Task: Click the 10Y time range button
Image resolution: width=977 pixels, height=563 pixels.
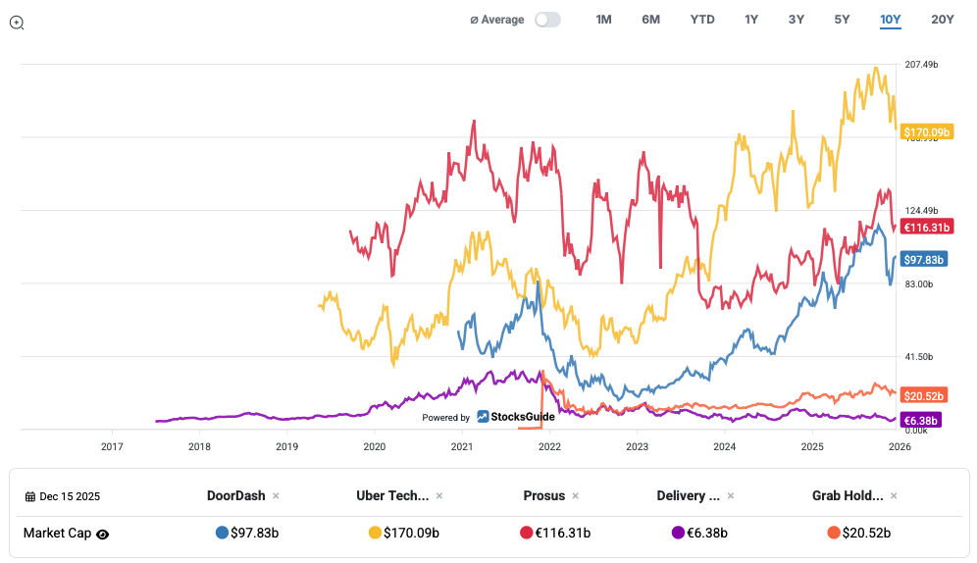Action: pyautogui.click(x=891, y=20)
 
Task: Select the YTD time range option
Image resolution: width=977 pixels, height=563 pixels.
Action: pyautogui.click(x=702, y=20)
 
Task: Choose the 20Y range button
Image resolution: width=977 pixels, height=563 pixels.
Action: pyautogui.click(x=943, y=20)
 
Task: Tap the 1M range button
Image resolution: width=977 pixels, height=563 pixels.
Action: pyautogui.click(x=603, y=20)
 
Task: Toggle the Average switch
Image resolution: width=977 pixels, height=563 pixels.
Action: pyautogui.click(x=547, y=20)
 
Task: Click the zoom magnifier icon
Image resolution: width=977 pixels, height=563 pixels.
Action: pyautogui.click(x=17, y=22)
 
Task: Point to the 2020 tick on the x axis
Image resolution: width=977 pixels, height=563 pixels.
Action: pyautogui.click(x=375, y=446)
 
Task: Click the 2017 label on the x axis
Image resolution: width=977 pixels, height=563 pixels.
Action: pyautogui.click(x=112, y=446)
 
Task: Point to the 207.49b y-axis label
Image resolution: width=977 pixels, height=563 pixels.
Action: pyautogui.click(x=922, y=65)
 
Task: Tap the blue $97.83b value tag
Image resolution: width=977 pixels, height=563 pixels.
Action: pyautogui.click(x=924, y=260)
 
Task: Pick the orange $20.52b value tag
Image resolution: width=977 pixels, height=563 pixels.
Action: pyautogui.click(x=923, y=395)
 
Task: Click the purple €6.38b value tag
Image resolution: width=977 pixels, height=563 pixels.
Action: pyautogui.click(x=920, y=421)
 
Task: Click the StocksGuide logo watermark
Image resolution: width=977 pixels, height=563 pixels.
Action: pyautogui.click(x=516, y=417)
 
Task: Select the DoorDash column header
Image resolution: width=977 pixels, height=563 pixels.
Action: pyautogui.click(x=235, y=495)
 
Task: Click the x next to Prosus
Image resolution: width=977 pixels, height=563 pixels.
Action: pyautogui.click(x=574, y=496)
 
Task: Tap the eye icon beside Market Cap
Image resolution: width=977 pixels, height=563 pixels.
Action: pyautogui.click(x=102, y=535)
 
